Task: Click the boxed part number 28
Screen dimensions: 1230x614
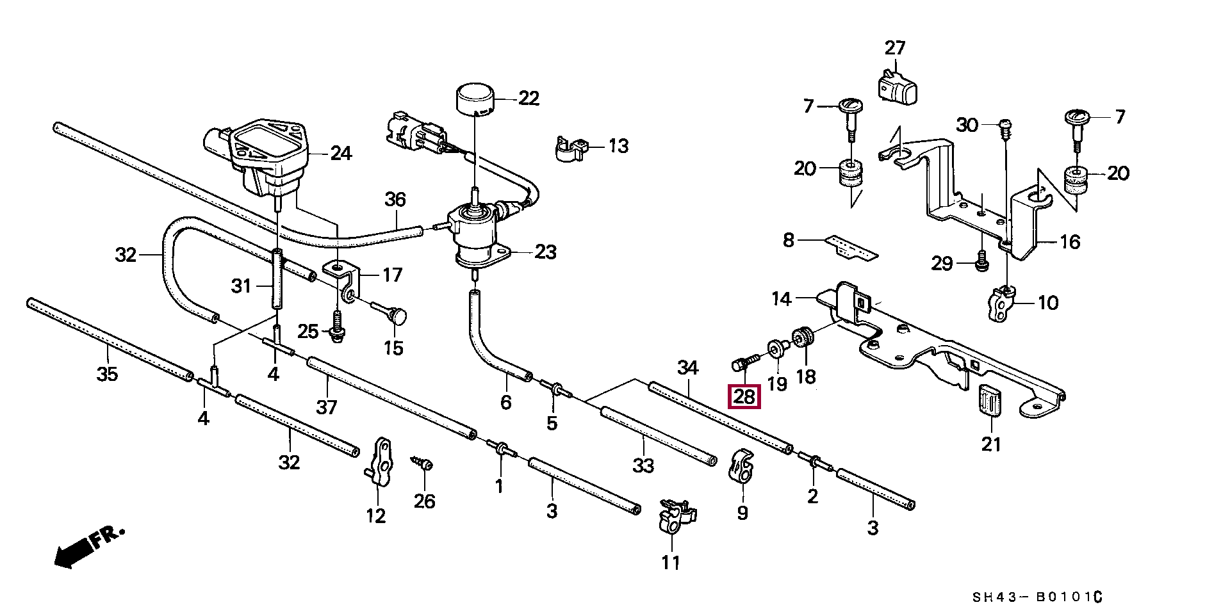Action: [x=744, y=397]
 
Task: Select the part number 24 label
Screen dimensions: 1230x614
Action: [x=341, y=154]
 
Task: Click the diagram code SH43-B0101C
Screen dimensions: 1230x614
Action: [x=1037, y=598]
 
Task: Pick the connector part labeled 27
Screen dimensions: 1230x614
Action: [x=896, y=85]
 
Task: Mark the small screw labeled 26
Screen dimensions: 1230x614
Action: [x=422, y=464]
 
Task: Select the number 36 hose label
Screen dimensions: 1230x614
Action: [x=395, y=200]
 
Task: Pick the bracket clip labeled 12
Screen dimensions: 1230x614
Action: [x=381, y=461]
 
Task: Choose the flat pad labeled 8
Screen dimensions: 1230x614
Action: [x=851, y=247]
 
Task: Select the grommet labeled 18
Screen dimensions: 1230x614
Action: [x=803, y=336]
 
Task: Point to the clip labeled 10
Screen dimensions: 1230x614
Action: [x=1001, y=305]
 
